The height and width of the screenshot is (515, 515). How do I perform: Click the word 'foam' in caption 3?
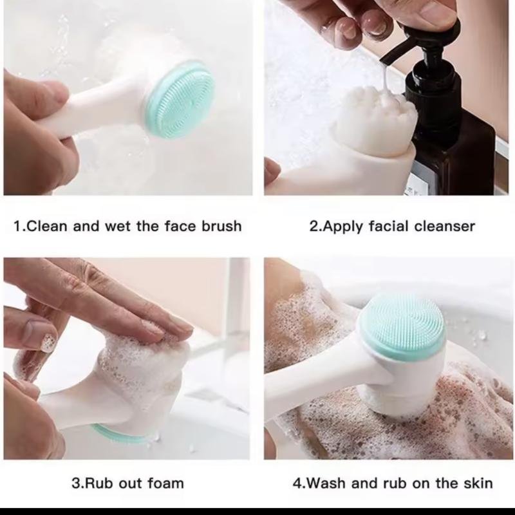click(x=165, y=483)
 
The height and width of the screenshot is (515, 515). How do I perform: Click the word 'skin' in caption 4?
click(x=478, y=483)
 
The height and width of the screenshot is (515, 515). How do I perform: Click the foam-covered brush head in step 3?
click(x=142, y=373)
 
